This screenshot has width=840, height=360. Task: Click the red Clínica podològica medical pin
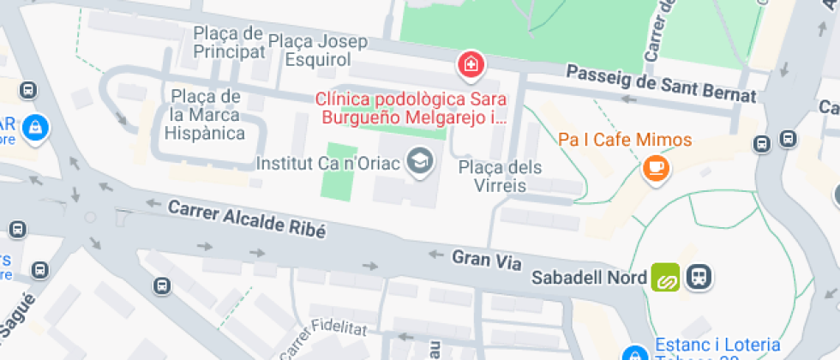click(470, 64)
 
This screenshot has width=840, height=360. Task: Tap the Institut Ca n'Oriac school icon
click(419, 160)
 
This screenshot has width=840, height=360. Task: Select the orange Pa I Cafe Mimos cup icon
click(657, 167)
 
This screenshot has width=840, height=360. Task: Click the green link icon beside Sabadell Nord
click(665, 277)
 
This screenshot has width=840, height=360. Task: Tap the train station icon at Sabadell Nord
click(699, 277)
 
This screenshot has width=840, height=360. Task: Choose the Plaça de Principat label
click(228, 43)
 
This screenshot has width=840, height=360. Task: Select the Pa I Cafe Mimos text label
click(625, 139)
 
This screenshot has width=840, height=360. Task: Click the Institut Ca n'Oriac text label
click(329, 163)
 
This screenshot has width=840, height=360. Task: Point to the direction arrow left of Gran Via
click(435, 255)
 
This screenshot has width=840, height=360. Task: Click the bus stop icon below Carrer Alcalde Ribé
click(162, 285)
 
